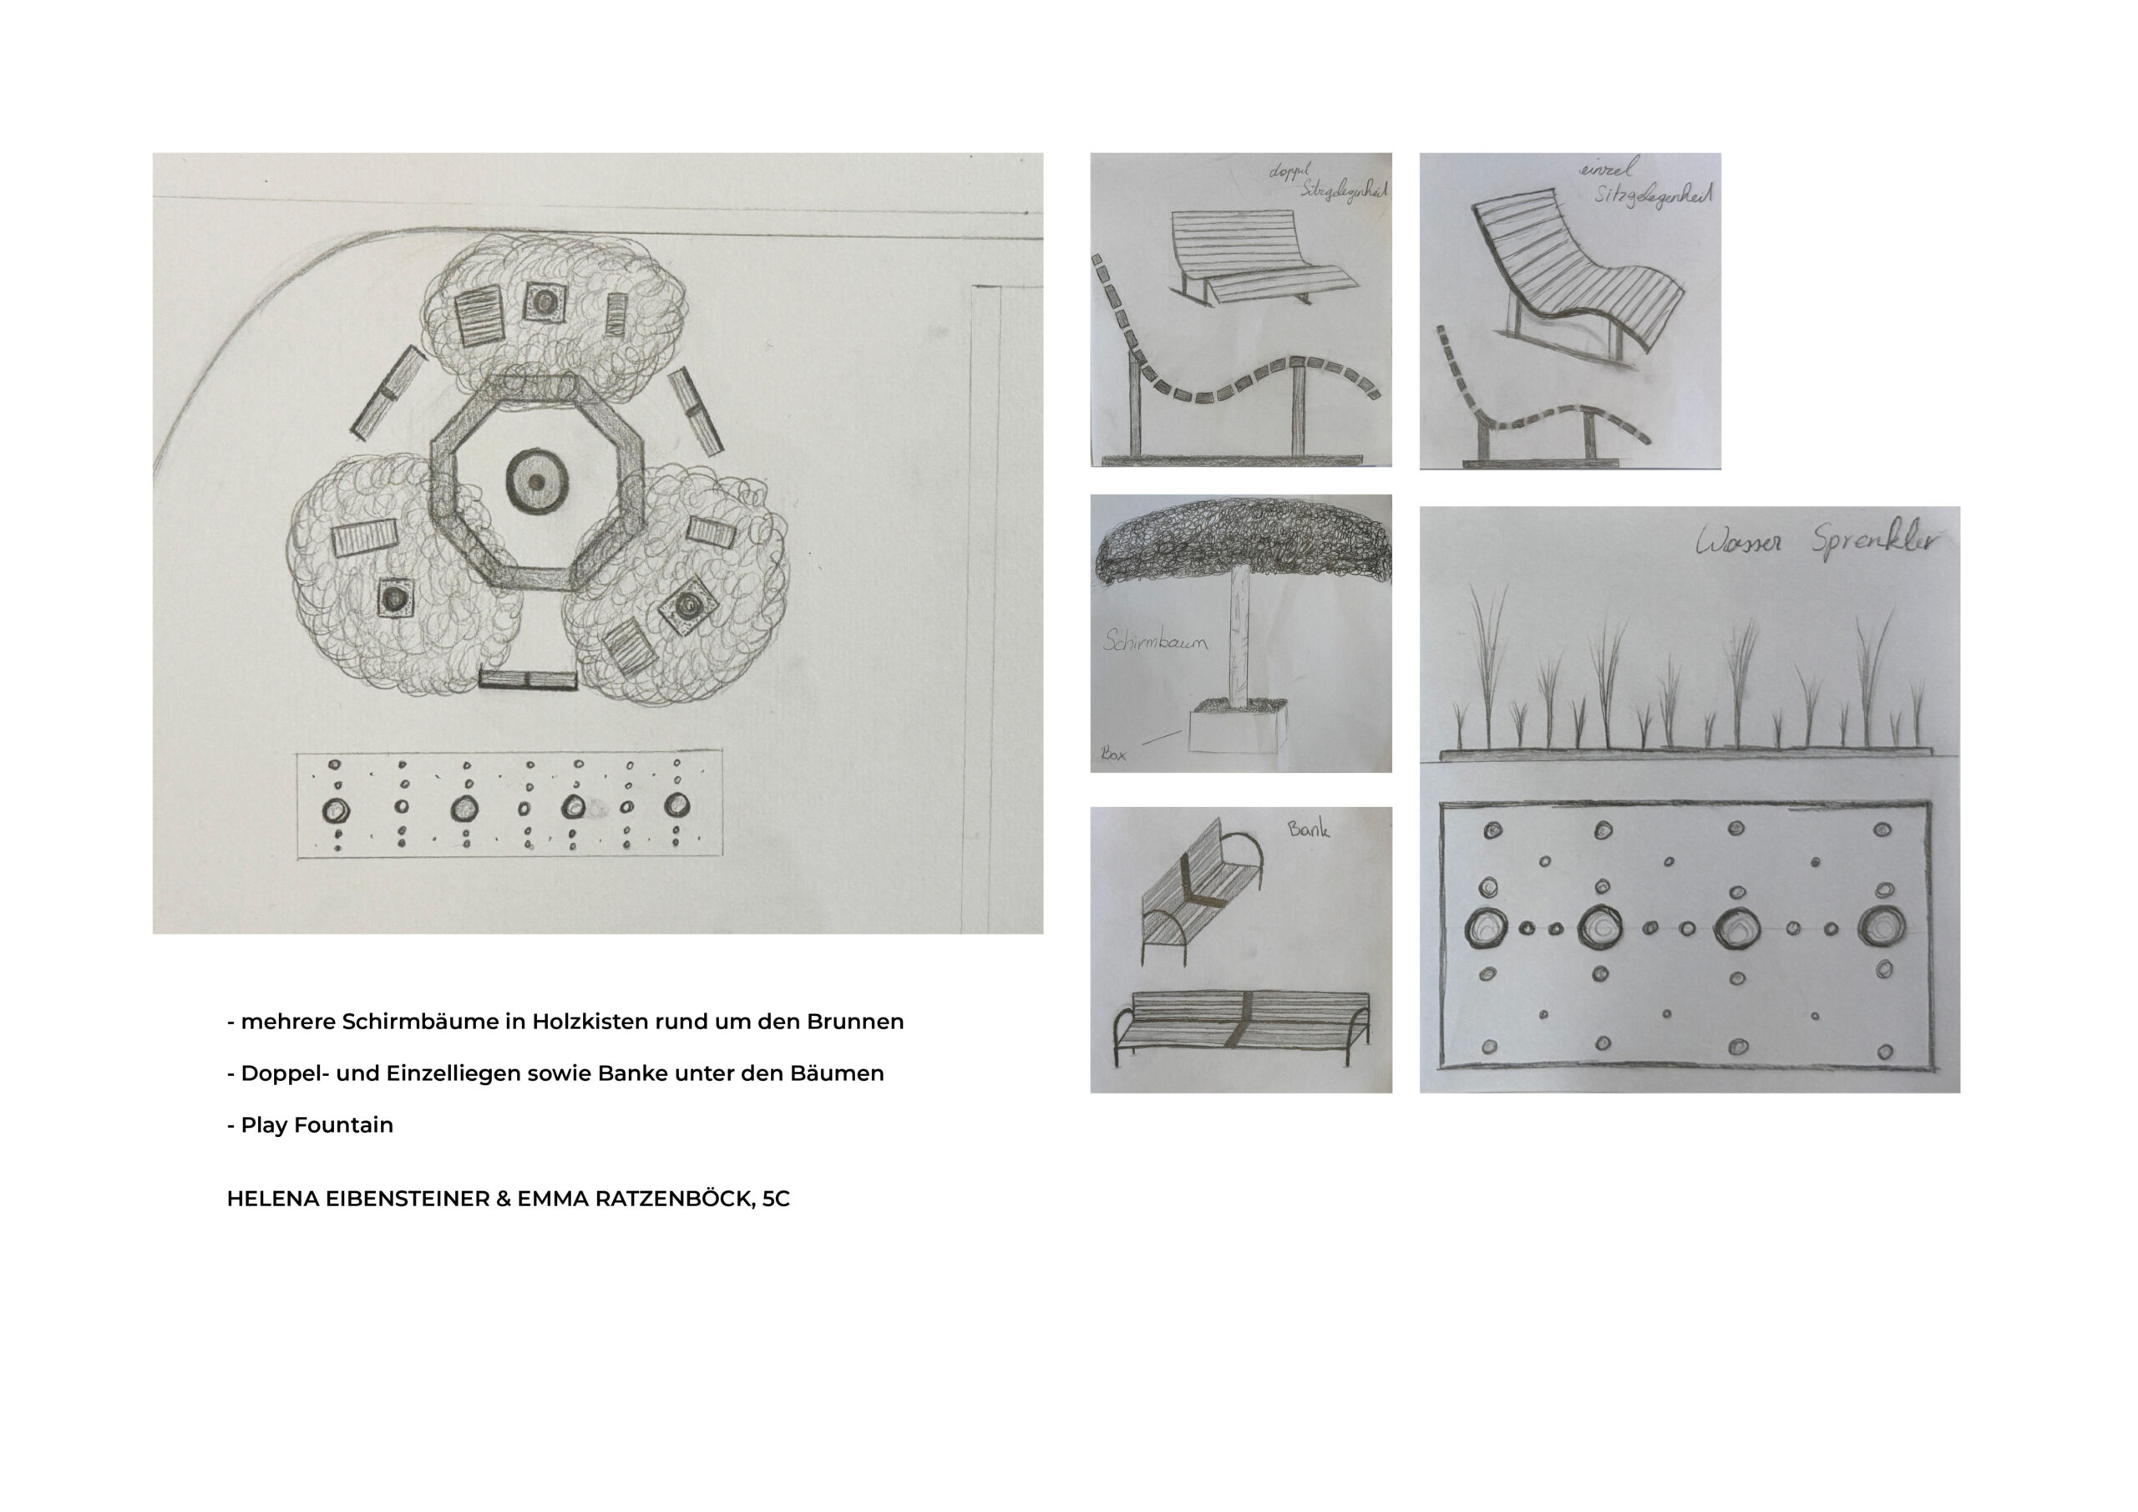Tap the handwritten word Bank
[x=1309, y=827]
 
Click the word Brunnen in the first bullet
[x=855, y=1021]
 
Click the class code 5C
[x=776, y=1199]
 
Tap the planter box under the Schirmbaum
[x=1236, y=728]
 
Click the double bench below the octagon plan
[x=528, y=680]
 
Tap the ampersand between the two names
[x=503, y=1199]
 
